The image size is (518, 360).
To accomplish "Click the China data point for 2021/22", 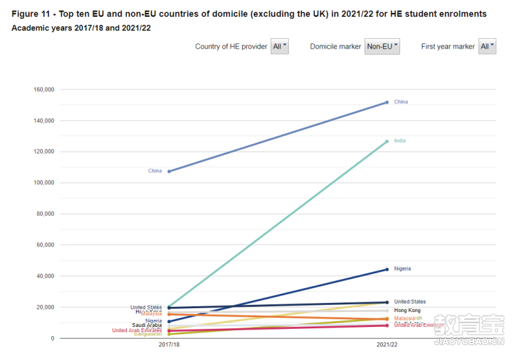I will click(x=387, y=102).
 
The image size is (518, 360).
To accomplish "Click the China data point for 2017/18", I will click(x=169, y=171).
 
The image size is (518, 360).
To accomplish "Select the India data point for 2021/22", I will click(x=387, y=141).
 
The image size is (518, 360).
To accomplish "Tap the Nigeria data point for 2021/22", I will click(x=387, y=269).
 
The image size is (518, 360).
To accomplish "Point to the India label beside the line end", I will click(x=400, y=141).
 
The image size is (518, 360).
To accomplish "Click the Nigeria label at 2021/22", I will click(x=402, y=269).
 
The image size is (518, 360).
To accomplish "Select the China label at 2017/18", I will click(x=155, y=171).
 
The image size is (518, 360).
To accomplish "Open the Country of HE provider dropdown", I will click(x=280, y=47).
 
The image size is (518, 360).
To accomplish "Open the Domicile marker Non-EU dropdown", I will click(x=383, y=47).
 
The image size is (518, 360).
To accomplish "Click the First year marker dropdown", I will click(x=487, y=47).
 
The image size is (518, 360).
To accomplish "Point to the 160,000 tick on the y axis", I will click(x=44, y=89).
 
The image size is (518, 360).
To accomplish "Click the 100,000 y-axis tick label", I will click(x=44, y=183).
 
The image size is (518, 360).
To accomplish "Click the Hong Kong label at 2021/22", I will click(x=407, y=311).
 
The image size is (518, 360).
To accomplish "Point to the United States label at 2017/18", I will click(x=146, y=308).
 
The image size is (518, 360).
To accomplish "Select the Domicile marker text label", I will click(x=335, y=47).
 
